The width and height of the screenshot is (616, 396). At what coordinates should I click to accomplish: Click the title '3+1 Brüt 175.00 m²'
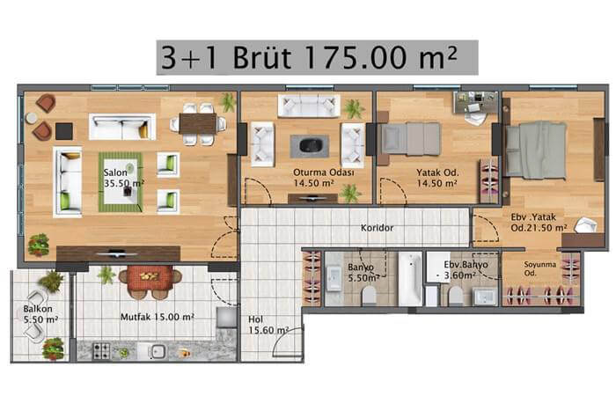coord(310,57)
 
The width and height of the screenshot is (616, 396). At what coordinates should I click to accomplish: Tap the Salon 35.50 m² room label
coord(124,178)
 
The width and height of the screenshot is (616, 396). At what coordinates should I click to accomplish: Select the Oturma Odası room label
coord(324,172)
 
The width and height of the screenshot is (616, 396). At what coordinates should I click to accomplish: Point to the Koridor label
coord(378,228)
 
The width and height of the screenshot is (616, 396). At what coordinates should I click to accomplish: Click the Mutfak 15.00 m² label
coord(158,317)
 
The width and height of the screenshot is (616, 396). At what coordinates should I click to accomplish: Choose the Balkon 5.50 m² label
coord(40,314)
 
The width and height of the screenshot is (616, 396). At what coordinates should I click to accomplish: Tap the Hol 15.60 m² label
coord(268,325)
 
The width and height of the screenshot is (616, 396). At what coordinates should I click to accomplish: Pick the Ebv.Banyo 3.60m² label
coord(466,270)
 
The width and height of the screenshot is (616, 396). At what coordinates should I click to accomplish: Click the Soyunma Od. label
coord(539,268)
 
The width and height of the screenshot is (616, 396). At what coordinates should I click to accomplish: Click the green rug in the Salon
coord(121,182)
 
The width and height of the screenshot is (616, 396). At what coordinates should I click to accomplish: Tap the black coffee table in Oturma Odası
coord(310,146)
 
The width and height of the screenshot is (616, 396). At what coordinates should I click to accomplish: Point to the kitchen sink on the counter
coord(158,351)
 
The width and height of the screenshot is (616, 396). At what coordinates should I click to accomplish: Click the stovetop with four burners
coord(101,351)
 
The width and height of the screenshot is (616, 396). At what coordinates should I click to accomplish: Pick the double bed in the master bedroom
coord(536,150)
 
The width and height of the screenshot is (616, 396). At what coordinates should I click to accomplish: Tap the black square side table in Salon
coord(64,131)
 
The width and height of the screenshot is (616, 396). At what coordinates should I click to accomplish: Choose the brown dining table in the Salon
coord(198,124)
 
